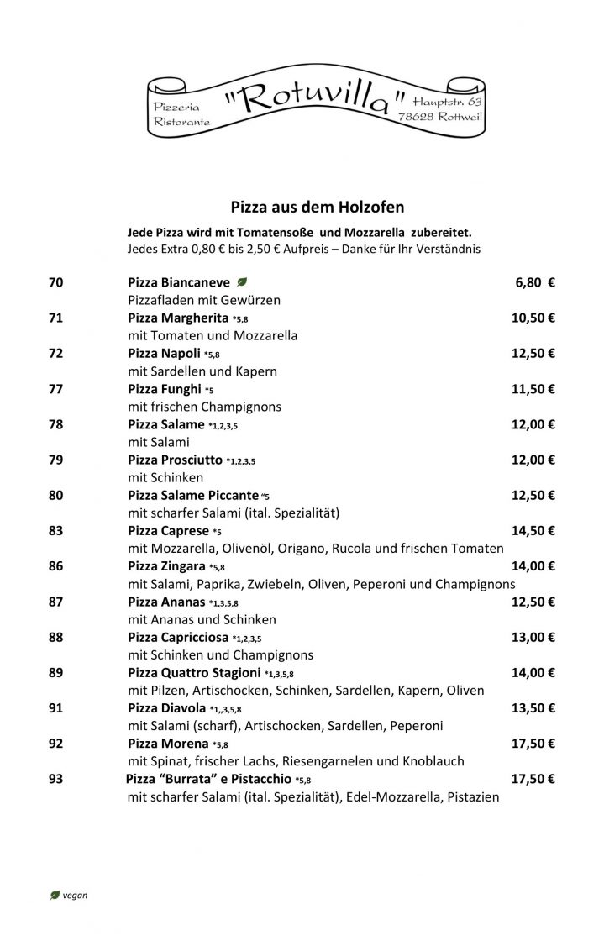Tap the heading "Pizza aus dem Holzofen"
[x=318, y=204]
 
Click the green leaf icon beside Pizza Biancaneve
[x=242, y=282]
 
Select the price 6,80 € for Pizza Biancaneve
[x=534, y=282]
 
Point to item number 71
[x=56, y=318]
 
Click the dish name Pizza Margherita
[x=178, y=318]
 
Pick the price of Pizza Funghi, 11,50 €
[x=533, y=388]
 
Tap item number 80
[x=56, y=495]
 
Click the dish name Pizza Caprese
[x=168, y=530]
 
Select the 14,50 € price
[x=533, y=530]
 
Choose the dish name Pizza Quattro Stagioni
[x=194, y=672]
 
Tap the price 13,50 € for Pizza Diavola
[x=533, y=707]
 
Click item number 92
[x=56, y=743]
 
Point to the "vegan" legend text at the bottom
[x=75, y=896]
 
